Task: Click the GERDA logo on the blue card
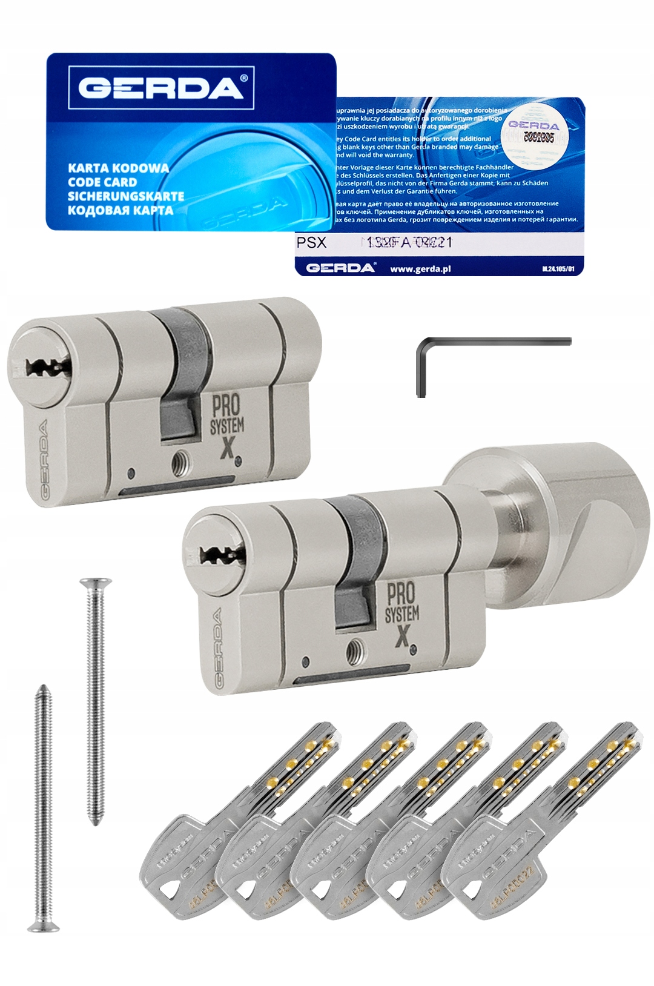[x=160, y=88]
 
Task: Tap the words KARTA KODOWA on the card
[x=118, y=168]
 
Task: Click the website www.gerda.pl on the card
[x=420, y=268]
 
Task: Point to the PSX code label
[x=311, y=243]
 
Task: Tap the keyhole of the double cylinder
[x=48, y=367]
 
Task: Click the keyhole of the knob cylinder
[x=222, y=553]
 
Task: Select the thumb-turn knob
[x=545, y=521]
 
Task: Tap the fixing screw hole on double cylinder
[x=179, y=463]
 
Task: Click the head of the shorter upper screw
[x=95, y=583]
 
